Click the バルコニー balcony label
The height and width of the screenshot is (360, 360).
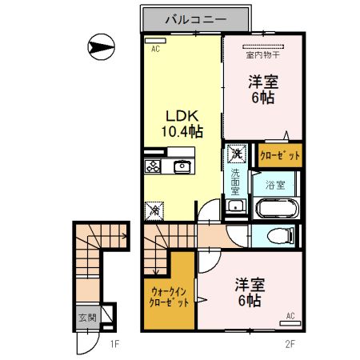(x=196, y=19)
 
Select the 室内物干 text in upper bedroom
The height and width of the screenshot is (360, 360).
(x=263, y=55)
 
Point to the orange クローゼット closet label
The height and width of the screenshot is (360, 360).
(x=279, y=155)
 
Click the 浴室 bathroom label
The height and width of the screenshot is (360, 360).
(x=275, y=184)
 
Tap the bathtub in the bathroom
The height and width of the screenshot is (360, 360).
(x=276, y=210)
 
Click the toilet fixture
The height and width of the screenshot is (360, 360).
(x=278, y=236)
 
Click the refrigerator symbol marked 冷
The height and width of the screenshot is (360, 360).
(x=153, y=210)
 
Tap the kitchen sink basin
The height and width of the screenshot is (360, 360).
(x=182, y=166)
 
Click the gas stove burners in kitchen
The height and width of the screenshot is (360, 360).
(x=152, y=166)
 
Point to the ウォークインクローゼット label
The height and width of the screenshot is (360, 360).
(x=169, y=298)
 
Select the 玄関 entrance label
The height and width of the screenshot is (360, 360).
(x=86, y=317)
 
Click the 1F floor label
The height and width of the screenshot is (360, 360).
(x=114, y=346)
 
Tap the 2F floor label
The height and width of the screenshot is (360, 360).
(x=291, y=345)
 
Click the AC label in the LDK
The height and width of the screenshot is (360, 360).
(x=155, y=49)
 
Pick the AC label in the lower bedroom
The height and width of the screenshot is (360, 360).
(x=290, y=315)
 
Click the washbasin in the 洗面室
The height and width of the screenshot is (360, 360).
(x=235, y=208)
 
